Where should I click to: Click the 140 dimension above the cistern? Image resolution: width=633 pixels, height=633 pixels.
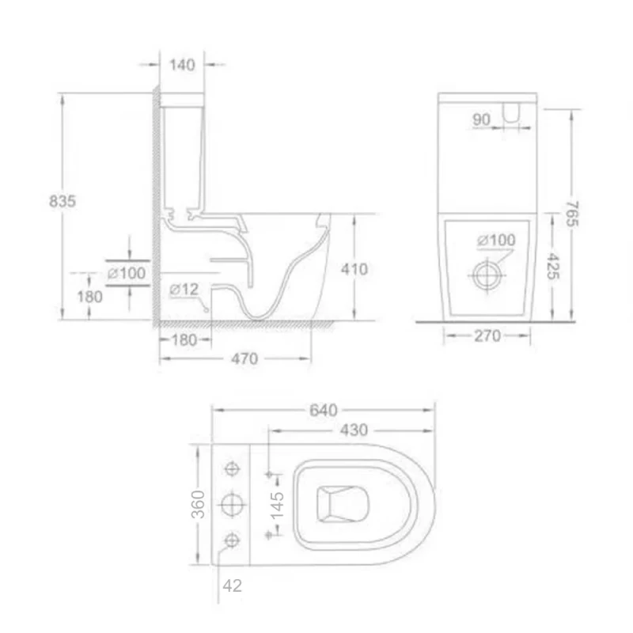(182, 65)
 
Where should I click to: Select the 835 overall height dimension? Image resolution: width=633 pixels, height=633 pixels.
(63, 201)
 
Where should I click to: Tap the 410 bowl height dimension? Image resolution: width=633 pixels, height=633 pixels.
(354, 269)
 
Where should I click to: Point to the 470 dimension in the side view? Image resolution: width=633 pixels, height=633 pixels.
(244, 358)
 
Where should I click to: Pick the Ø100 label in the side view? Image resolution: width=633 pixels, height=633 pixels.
(126, 273)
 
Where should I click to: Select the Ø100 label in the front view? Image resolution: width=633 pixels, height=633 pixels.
(495, 240)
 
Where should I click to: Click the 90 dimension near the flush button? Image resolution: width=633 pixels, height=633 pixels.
(481, 119)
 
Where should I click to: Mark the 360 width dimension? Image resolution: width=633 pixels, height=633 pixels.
(199, 504)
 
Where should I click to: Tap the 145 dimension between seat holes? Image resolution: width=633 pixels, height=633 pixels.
(277, 504)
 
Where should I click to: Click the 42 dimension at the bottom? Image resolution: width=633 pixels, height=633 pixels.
(233, 586)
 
